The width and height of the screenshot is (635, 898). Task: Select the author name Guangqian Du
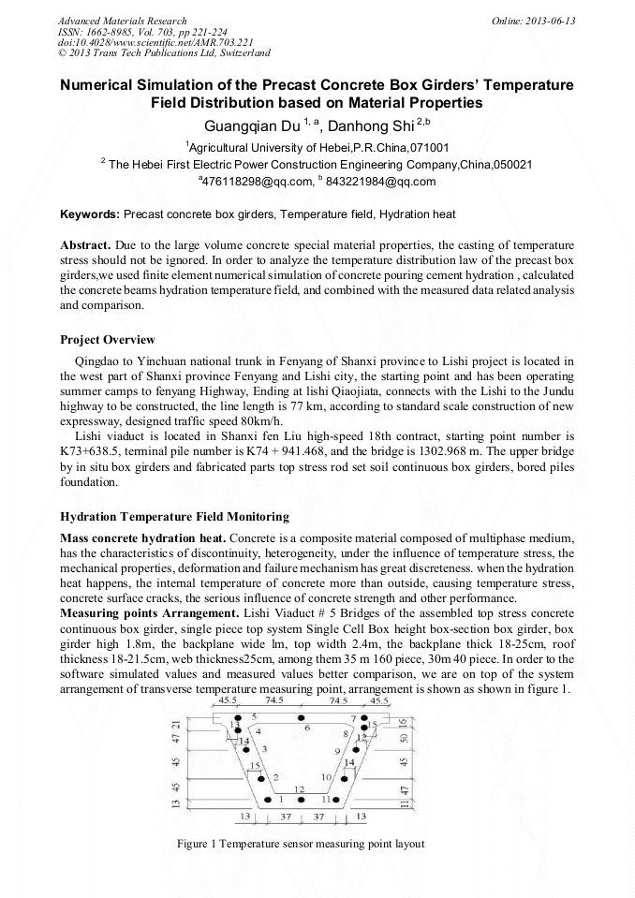point(246,125)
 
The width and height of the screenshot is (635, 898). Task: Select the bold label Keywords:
point(89,214)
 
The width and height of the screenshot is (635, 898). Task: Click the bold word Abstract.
point(85,244)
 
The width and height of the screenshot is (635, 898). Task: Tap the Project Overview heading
point(107,340)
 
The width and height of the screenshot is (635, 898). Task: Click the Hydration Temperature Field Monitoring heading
point(174,517)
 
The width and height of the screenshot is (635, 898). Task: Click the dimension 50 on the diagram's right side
point(402,739)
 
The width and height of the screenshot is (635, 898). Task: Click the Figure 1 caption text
point(300,844)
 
